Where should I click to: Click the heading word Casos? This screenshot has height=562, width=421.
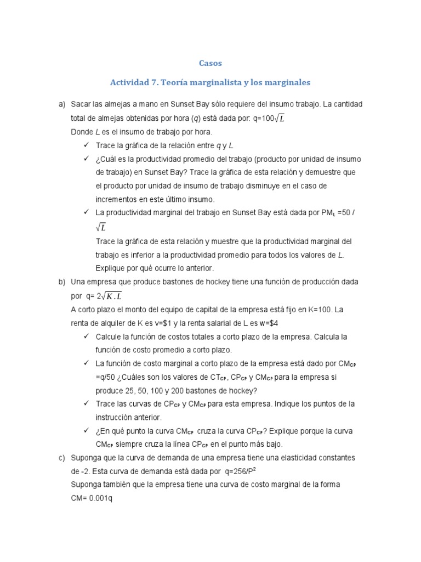210,63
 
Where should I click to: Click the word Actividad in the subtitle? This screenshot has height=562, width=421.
129,82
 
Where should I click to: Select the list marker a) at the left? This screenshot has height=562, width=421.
62,104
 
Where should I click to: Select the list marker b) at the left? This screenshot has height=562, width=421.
62,282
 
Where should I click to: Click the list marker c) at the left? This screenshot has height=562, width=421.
62,457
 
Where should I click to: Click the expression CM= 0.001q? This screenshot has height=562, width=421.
94,498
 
